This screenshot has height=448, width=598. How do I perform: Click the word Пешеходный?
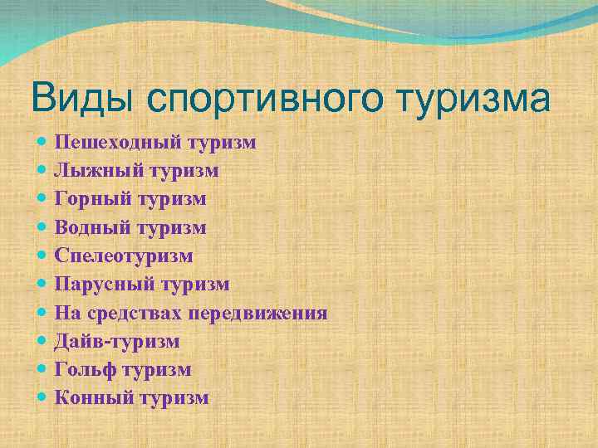point(120,144)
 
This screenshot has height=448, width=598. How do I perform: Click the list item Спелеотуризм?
point(124,256)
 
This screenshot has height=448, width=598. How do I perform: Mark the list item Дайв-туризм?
point(117,342)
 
